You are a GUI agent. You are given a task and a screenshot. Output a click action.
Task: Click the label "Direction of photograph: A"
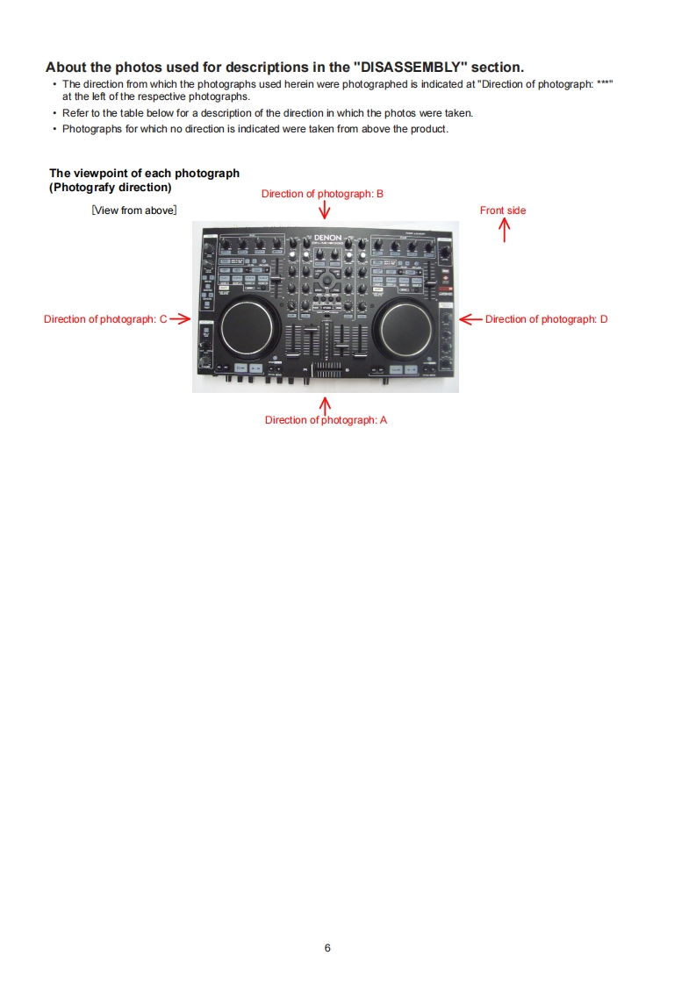click(326, 420)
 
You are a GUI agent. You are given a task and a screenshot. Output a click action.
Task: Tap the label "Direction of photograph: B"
click(322, 194)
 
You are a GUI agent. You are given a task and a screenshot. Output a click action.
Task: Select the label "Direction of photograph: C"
click(104, 319)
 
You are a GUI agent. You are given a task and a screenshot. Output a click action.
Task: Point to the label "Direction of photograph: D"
click(546, 319)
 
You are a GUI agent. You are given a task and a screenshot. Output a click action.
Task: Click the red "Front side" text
click(503, 210)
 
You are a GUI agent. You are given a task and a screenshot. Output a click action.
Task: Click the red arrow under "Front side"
click(504, 230)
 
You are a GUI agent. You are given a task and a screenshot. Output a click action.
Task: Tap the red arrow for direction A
click(326, 405)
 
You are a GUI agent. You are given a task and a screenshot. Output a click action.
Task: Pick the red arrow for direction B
click(325, 210)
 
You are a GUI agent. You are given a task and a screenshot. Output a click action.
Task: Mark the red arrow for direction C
click(180, 319)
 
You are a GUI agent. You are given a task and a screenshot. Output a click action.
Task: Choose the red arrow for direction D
click(470, 319)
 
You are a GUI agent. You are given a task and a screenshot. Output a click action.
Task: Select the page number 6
click(327, 947)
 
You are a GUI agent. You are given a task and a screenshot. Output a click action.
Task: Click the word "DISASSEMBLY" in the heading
click(410, 68)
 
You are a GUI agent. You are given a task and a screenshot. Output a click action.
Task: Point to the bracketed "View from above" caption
click(134, 210)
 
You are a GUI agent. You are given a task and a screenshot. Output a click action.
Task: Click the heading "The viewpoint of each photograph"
click(144, 174)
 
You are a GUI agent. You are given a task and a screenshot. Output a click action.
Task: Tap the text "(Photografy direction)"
click(110, 188)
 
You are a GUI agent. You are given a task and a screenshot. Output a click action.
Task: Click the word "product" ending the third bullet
click(428, 130)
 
